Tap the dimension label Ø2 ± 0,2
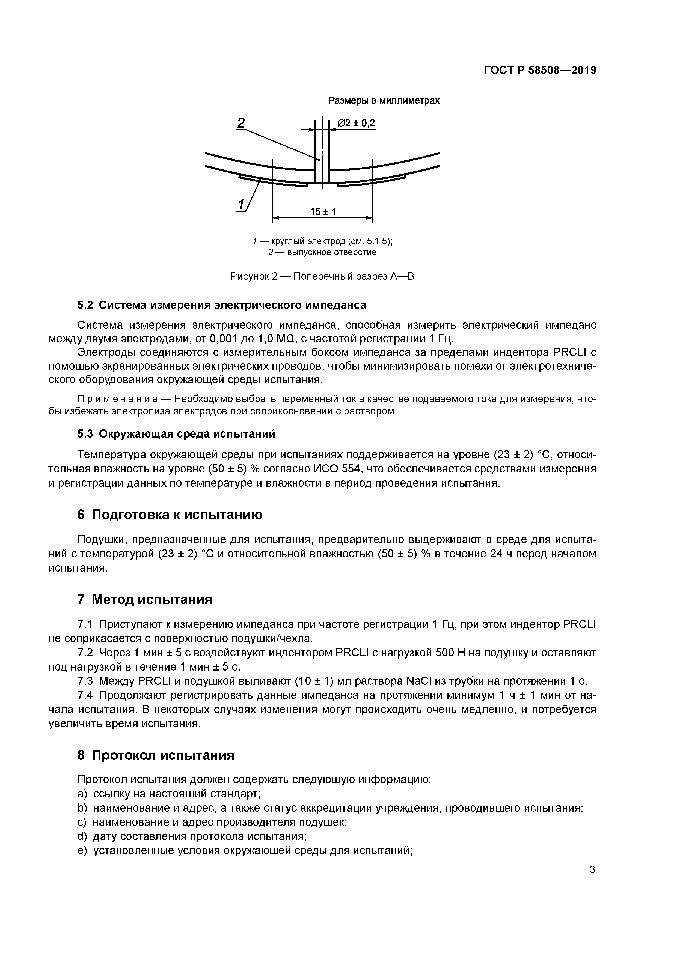point(356,123)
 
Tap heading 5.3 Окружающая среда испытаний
point(176,434)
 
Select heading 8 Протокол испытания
point(156,755)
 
